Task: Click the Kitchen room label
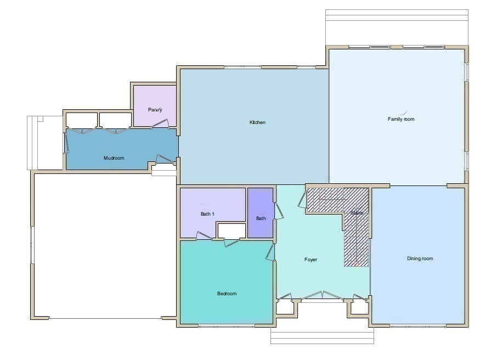click(257, 122)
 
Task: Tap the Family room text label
click(401, 119)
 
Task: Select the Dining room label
click(420, 258)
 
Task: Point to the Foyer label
click(310, 260)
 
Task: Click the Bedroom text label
click(227, 294)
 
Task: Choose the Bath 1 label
click(207, 213)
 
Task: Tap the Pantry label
click(155, 110)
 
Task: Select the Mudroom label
click(114, 158)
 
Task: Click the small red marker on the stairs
click(355, 264)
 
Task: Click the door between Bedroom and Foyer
click(270, 252)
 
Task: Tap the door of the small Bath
click(279, 211)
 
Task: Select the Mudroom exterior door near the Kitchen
click(164, 160)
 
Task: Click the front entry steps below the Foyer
click(322, 336)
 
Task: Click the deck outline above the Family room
click(396, 27)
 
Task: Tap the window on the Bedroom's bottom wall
click(227, 327)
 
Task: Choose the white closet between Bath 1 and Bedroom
click(231, 230)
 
